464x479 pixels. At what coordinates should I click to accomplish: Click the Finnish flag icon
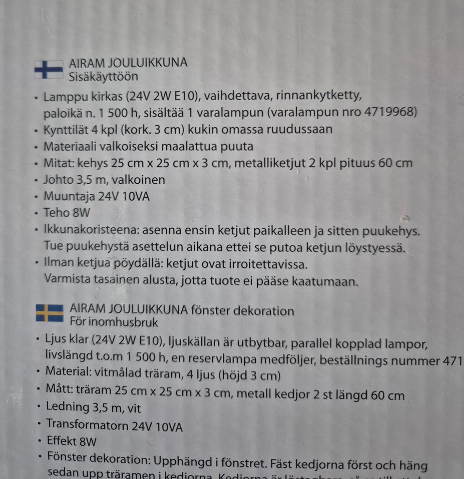(x=49, y=69)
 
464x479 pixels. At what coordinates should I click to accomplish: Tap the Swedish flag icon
(x=49, y=313)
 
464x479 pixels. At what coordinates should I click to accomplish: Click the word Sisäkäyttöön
(x=103, y=76)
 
